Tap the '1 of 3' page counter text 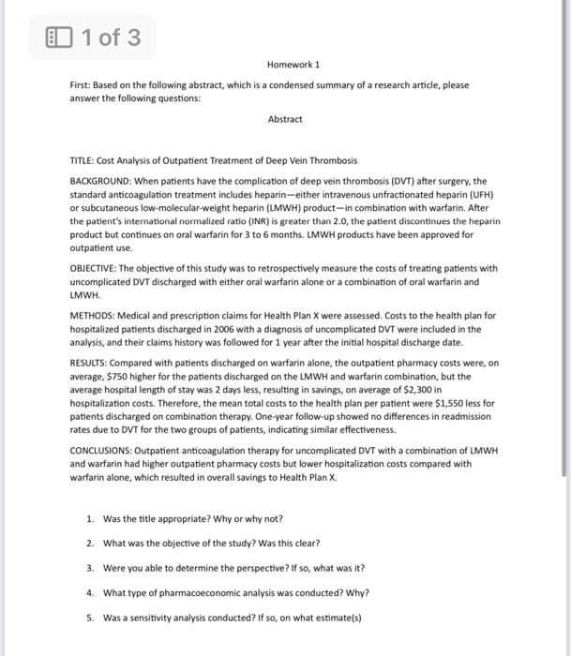(111, 37)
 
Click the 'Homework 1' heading (293, 65)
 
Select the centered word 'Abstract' (285, 119)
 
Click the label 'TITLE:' (84, 161)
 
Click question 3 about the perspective (233, 568)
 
